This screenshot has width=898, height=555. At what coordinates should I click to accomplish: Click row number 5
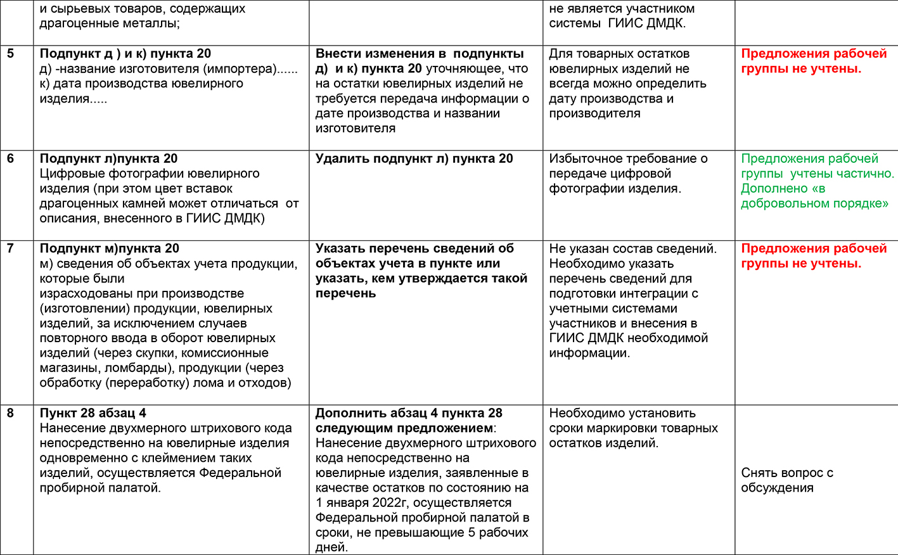(x=11, y=54)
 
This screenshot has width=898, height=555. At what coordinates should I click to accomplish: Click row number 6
(x=11, y=159)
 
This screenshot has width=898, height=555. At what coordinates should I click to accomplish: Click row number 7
(x=11, y=248)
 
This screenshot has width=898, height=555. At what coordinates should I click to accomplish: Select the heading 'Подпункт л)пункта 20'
(x=108, y=159)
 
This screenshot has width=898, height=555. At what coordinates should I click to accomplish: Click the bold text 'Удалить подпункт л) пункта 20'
(x=414, y=159)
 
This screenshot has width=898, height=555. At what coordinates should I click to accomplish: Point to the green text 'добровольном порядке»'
(x=814, y=203)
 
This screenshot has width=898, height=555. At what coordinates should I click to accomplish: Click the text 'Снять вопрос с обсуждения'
(x=786, y=480)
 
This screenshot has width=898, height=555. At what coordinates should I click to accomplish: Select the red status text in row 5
(x=814, y=61)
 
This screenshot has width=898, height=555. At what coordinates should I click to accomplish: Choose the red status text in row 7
(x=814, y=256)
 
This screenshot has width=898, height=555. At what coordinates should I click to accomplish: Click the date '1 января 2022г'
(x=361, y=503)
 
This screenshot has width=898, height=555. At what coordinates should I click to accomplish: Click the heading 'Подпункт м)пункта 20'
(x=109, y=248)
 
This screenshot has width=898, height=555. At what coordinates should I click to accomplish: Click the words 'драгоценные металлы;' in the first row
(x=109, y=23)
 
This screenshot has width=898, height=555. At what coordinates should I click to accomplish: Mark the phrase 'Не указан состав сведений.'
(x=632, y=248)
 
